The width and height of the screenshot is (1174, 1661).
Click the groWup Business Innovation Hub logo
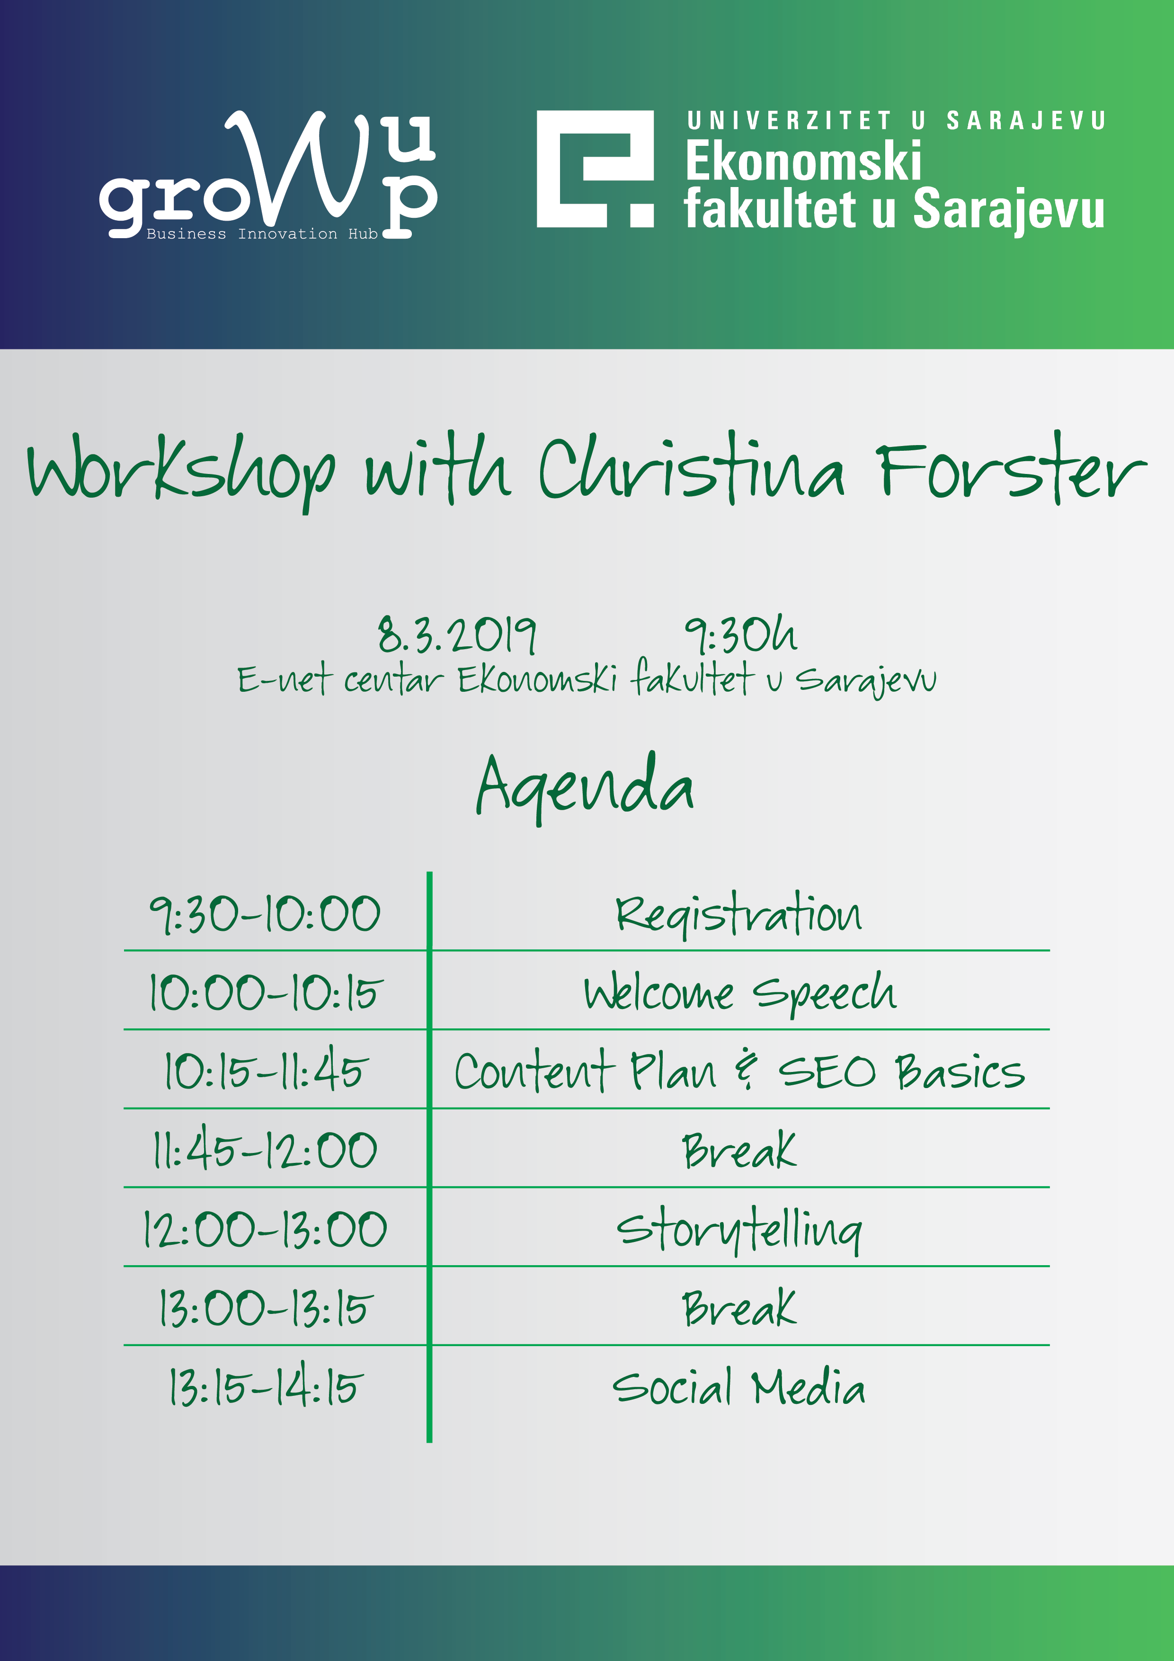[x=267, y=175]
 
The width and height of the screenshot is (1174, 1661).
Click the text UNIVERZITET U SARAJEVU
[x=896, y=121]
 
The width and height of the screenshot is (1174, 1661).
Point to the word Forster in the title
[x=1011, y=470]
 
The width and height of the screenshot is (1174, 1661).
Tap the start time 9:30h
[x=741, y=634]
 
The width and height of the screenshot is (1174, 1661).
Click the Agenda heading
[x=585, y=787]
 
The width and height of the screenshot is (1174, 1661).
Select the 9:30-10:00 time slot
[x=265, y=914]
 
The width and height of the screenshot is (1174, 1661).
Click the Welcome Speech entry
[x=740, y=993]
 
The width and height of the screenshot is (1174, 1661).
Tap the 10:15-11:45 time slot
[x=266, y=1069]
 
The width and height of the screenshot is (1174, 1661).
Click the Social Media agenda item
[x=738, y=1387]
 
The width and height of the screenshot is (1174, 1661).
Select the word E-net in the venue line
[x=285, y=679]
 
